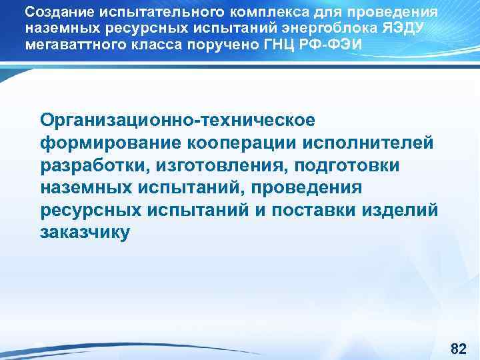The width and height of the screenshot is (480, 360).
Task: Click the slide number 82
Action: click(458, 349)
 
